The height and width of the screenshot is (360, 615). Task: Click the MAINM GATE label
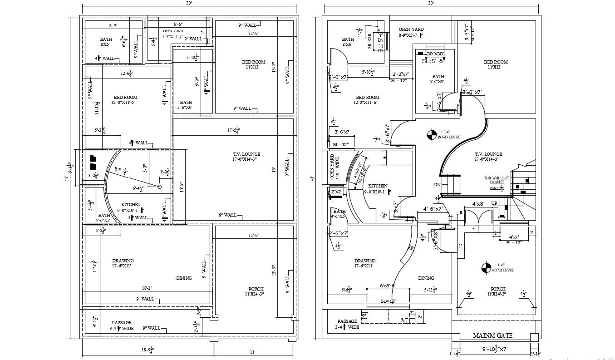[492, 335]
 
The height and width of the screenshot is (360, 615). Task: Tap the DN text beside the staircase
[437, 185]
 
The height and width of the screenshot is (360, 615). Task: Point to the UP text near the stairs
[495, 203]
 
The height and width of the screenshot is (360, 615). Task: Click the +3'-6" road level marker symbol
[431, 134]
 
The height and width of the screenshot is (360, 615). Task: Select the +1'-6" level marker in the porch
[486, 268]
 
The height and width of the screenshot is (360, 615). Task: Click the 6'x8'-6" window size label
[387, 286]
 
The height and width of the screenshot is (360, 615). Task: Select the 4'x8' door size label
[478, 204]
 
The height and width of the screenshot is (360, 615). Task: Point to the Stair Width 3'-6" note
[494, 178]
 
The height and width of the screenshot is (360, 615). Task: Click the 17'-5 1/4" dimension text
[233, 131]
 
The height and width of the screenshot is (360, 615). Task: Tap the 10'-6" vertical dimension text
[181, 187]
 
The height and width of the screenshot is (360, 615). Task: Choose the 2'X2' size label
[336, 192]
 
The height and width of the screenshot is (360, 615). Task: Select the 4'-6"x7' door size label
[433, 209]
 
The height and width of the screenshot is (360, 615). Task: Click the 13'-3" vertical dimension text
[273, 271]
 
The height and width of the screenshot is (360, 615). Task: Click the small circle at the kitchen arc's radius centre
[160, 187]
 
